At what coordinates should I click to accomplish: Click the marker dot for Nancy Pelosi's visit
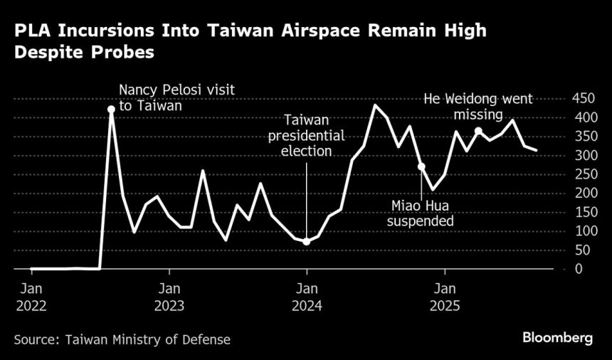click(111, 110)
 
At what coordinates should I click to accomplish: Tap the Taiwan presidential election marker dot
click(307, 242)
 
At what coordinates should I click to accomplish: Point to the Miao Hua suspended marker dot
click(421, 166)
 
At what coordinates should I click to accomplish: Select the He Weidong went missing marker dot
click(479, 131)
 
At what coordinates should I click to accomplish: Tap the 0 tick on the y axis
click(578, 269)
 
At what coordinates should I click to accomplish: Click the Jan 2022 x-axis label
click(31, 298)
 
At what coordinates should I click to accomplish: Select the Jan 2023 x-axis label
click(169, 298)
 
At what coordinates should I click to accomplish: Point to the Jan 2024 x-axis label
click(307, 298)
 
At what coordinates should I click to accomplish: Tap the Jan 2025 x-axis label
click(445, 298)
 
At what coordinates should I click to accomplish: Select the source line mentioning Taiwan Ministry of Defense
click(122, 339)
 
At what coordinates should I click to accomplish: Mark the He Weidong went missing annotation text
click(478, 106)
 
